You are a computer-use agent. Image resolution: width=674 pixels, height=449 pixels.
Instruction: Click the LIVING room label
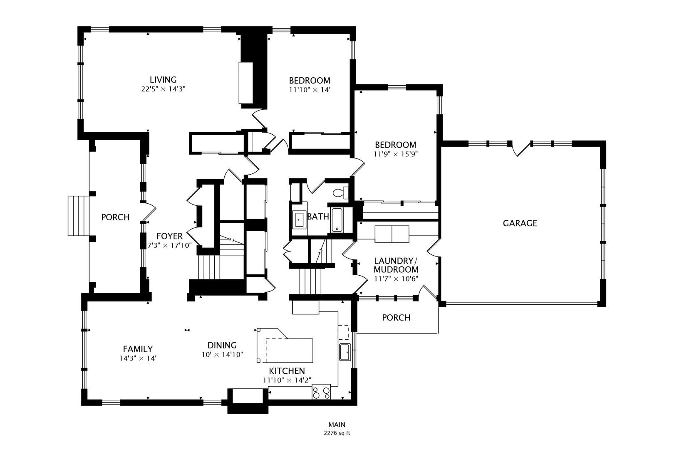pos(163,80)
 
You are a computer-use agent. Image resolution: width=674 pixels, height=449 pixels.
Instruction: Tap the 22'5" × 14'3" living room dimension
pos(163,89)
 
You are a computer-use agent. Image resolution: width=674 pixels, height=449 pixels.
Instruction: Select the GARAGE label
pos(520,223)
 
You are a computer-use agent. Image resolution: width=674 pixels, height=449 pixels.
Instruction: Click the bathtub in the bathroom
pos(337,220)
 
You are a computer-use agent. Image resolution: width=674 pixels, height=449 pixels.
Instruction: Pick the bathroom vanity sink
pos(299,220)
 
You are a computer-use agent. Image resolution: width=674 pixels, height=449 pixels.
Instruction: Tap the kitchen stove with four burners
pos(321,392)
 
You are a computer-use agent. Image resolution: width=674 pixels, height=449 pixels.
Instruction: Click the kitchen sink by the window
pos(345,352)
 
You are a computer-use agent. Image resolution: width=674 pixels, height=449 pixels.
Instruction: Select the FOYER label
pos(169,236)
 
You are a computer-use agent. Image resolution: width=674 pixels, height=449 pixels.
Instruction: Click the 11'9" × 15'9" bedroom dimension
pos(396,154)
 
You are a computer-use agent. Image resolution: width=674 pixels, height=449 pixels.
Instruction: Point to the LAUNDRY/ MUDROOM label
pos(396,265)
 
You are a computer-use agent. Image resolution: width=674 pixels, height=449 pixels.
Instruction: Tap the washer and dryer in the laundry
pos(392,234)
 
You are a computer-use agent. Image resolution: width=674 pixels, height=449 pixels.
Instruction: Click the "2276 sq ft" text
pos(337,433)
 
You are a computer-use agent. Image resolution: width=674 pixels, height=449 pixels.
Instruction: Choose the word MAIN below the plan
pos(337,424)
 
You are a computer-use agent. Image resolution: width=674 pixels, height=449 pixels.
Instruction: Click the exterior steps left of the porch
pos(79,216)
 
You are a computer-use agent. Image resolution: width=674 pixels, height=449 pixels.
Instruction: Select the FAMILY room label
pos(138,349)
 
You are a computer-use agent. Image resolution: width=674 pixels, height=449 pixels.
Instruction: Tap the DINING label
pos(222,345)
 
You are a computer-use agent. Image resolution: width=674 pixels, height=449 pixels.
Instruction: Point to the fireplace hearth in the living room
pos(246,83)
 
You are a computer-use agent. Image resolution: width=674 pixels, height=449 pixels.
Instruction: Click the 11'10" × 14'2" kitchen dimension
pos(287,380)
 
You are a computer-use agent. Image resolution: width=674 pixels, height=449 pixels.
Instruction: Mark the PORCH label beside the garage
pos(396,318)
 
